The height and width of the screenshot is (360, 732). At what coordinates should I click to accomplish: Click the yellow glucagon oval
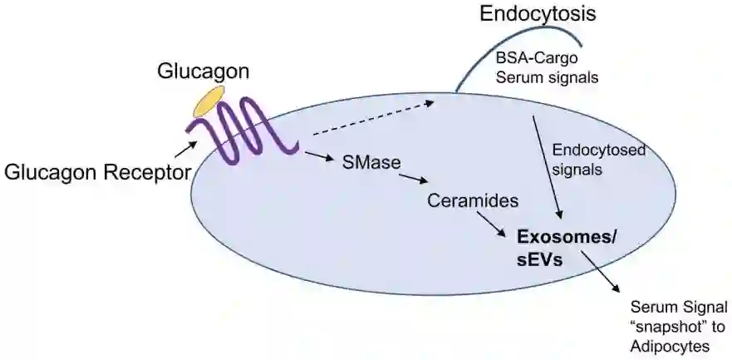click(x=209, y=101)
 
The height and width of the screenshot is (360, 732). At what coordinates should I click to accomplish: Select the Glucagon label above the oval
click(x=204, y=72)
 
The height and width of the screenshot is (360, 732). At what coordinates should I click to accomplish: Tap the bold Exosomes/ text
click(x=567, y=237)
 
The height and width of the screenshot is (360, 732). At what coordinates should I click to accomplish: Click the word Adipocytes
click(x=671, y=344)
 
